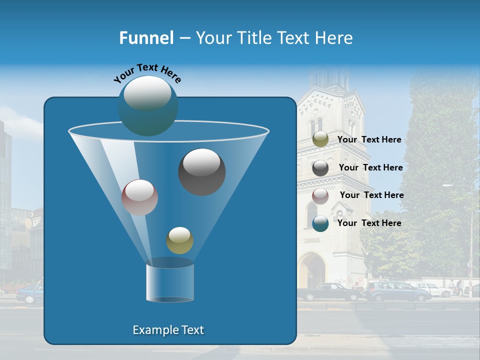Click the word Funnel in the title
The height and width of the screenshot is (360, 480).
146,38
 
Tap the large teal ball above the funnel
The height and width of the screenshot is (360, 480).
147,105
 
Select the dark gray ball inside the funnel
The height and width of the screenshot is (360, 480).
201,171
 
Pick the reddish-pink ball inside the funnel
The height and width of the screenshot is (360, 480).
139,197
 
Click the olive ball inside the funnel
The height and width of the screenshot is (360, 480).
179,240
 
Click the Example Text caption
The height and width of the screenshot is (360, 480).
168,330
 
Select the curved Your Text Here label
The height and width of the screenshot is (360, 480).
147,73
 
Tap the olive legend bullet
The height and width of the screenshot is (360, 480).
320,139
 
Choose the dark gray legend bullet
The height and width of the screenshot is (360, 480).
320,168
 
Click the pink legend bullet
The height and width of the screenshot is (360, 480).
320,196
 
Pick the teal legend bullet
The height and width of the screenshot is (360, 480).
320,223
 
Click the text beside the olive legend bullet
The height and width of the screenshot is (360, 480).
369,140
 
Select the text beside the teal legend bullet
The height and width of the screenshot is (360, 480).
369,223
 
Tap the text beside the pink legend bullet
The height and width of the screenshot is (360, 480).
371,195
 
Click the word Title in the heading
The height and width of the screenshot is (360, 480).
255,38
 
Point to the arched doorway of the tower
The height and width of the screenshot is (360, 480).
311,270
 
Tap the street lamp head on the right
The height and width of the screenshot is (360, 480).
447,186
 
